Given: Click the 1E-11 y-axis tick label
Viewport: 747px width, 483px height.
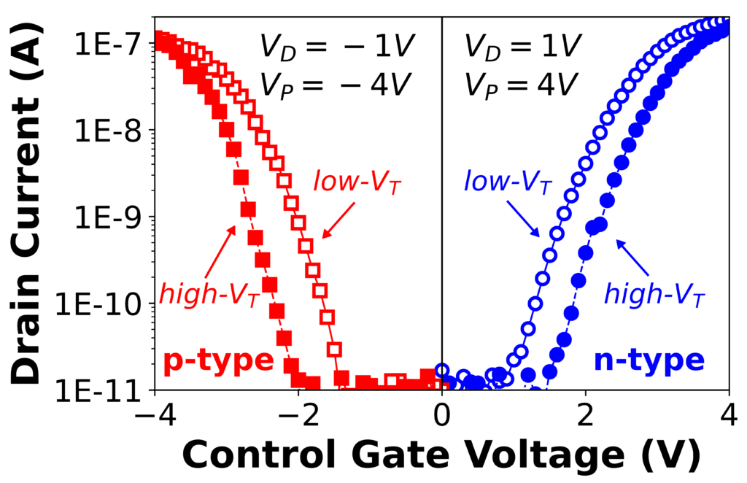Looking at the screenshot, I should (102, 391).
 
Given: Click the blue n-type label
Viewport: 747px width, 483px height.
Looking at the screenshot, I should (649, 360).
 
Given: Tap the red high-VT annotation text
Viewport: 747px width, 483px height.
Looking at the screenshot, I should (209, 297).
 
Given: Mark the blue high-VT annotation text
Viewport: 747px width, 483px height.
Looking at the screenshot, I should (654, 297).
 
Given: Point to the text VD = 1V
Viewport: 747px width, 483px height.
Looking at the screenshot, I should (522, 48).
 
